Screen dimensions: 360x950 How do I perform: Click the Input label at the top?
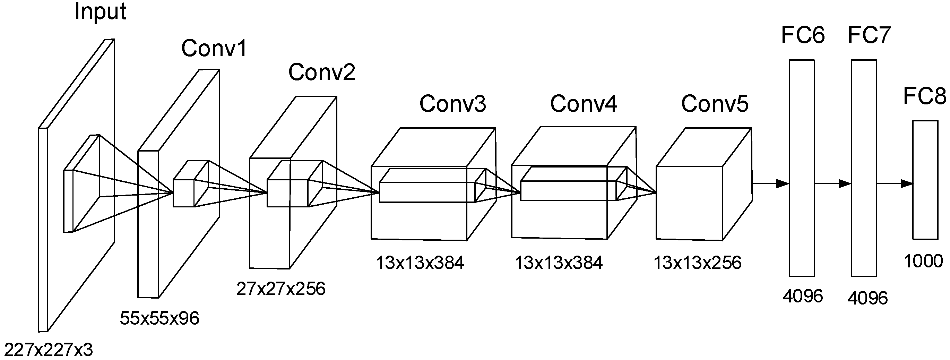coord(100,12)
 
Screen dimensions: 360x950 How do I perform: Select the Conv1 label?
coord(214,48)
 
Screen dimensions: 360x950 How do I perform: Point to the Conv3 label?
coord(452,104)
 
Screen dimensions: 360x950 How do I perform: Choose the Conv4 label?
coord(584,104)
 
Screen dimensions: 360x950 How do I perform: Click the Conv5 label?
coord(715,104)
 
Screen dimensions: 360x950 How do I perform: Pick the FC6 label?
coord(803,35)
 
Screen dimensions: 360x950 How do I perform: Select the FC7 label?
coord(869,35)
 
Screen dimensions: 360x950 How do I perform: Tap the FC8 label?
coord(925,96)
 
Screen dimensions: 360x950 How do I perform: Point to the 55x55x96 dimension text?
coord(159,318)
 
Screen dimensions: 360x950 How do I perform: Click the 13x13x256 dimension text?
coord(697,263)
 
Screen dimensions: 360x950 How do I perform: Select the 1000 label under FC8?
coord(923,261)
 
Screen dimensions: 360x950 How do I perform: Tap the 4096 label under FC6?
coord(803,296)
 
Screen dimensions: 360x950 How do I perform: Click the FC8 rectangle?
coord(925,180)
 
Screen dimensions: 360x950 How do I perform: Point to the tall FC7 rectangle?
coord(864,168)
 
